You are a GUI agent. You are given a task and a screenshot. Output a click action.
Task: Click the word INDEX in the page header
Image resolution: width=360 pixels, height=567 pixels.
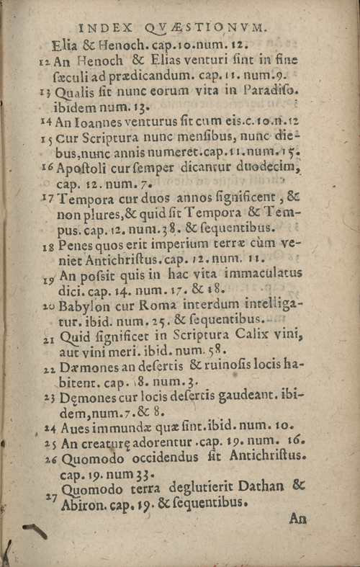point(108,29)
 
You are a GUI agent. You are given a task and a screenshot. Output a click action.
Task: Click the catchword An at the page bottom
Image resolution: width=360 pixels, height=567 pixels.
point(298,517)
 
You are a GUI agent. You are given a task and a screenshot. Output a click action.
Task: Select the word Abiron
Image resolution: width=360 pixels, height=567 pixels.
point(84,504)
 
